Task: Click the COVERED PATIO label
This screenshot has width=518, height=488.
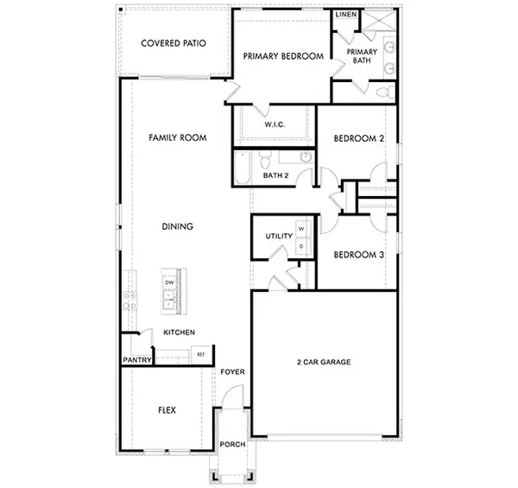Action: coord(173,43)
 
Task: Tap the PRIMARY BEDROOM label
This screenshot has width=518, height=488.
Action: coord(283,56)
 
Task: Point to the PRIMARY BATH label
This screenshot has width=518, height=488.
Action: coord(363,56)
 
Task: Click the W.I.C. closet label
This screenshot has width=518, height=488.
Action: coord(275,124)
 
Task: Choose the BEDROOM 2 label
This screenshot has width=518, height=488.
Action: coord(358,138)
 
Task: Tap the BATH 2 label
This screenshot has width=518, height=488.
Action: coord(275,176)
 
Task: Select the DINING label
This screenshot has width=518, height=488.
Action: coord(177,227)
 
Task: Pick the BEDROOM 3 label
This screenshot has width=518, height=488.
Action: coord(358,255)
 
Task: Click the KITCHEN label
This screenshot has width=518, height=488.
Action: coord(179,333)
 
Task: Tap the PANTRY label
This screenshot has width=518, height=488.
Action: coord(137,359)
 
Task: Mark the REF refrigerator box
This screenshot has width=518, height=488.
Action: coord(200,354)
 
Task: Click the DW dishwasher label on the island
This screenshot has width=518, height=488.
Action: coord(169,282)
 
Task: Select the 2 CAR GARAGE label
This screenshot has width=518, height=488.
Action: coord(324,362)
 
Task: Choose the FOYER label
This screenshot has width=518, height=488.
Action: coord(233,372)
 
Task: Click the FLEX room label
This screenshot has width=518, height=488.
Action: coord(167,410)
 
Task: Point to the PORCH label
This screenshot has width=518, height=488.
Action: coord(233,445)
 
